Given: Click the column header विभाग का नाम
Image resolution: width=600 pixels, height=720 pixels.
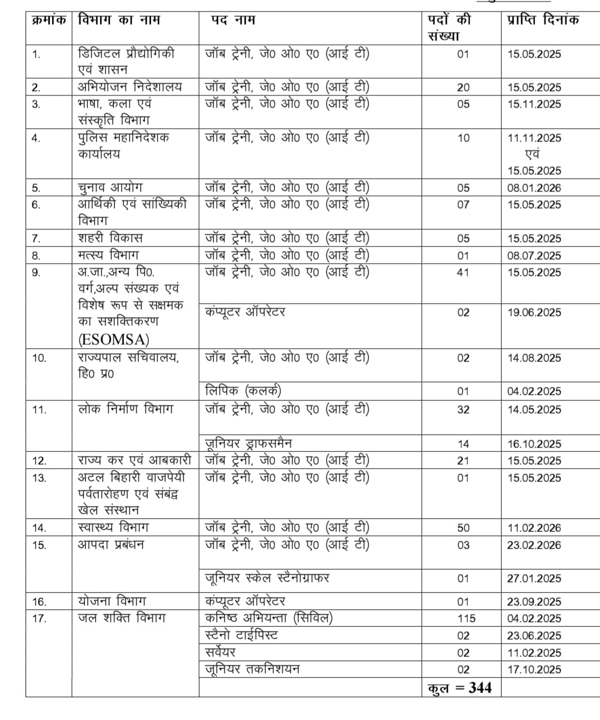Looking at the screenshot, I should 119,20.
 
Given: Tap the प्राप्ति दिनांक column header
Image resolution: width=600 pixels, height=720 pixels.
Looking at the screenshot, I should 542,20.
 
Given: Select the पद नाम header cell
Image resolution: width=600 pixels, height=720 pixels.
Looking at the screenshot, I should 233,20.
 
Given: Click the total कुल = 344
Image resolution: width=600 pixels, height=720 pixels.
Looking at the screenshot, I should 459,688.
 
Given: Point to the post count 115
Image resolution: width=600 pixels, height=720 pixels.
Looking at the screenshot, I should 463,618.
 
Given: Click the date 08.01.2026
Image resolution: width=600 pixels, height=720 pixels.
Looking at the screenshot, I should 534,188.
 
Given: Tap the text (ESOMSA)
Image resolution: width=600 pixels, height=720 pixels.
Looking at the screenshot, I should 114,339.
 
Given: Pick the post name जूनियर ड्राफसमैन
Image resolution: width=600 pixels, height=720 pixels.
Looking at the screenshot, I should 248,443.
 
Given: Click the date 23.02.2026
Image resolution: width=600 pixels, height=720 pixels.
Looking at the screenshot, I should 534,545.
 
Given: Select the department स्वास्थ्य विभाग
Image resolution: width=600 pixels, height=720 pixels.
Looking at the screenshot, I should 113,527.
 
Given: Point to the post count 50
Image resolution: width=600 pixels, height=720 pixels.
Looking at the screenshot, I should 463,528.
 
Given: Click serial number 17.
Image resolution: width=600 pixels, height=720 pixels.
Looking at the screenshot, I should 39,618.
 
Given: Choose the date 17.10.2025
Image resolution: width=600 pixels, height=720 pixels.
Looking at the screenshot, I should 534,669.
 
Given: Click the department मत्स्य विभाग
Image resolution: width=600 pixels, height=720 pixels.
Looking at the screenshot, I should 108,256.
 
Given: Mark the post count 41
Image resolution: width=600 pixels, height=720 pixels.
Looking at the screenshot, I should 463,272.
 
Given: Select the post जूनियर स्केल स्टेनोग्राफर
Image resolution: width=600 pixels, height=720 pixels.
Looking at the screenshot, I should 267,578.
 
